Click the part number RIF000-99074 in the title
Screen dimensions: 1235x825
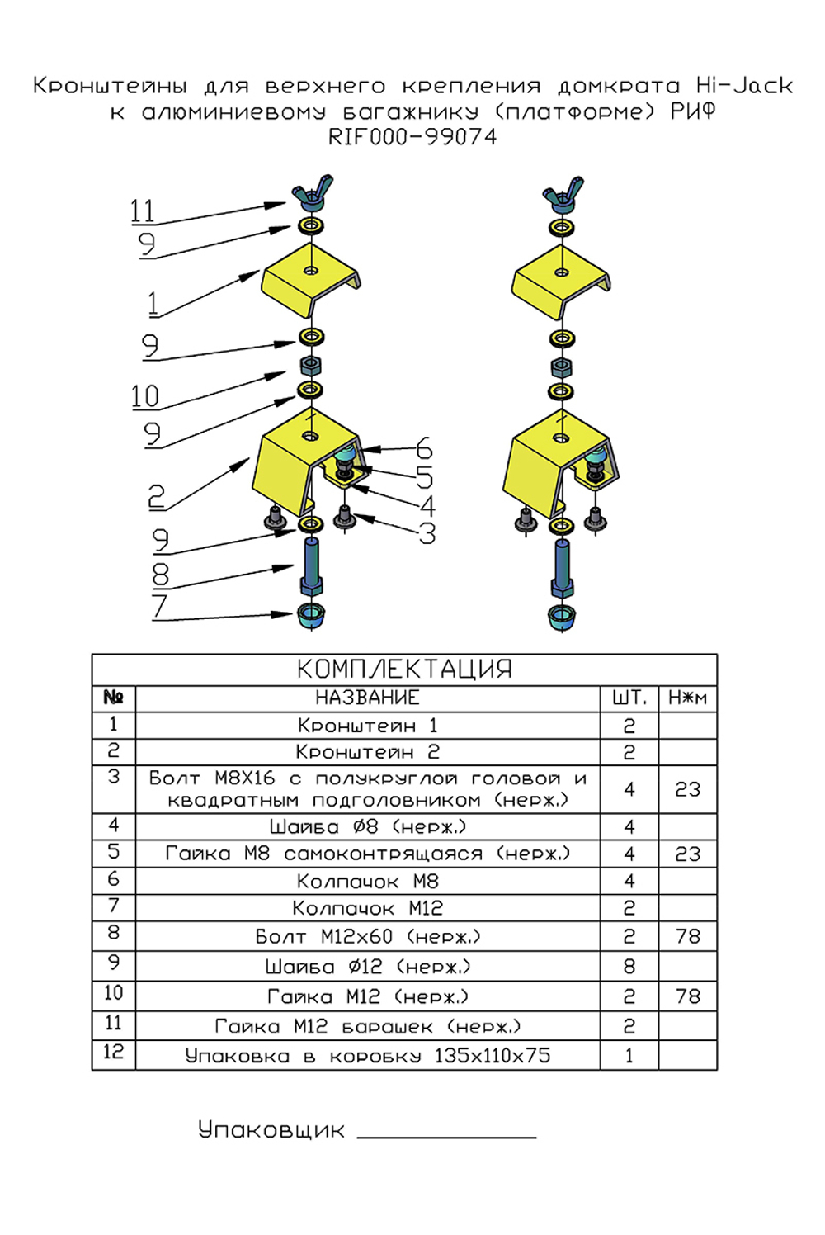pyautogui.click(x=412, y=137)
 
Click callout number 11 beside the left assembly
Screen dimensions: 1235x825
pyautogui.click(x=143, y=211)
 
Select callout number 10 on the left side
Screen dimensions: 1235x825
pyautogui.click(x=145, y=397)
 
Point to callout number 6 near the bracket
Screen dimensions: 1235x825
pyautogui.click(x=423, y=449)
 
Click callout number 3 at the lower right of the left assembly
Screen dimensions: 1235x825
pyautogui.click(x=427, y=534)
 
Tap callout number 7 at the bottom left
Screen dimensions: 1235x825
pyautogui.click(x=160, y=606)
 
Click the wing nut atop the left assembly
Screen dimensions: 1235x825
pyautogui.click(x=311, y=193)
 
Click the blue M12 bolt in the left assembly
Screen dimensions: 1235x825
pyautogui.click(x=312, y=566)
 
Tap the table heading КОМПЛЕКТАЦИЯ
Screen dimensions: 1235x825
pyautogui.click(x=404, y=669)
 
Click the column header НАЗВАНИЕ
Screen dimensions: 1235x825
pyautogui.click(x=367, y=698)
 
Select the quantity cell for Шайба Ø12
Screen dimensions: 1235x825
pyautogui.click(x=629, y=967)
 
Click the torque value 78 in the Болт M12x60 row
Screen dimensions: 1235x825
pyautogui.click(x=687, y=937)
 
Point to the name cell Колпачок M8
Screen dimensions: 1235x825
pyautogui.click(x=367, y=882)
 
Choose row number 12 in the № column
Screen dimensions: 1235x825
pyautogui.click(x=113, y=1053)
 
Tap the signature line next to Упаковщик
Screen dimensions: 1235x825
pyautogui.click(x=446, y=1137)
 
